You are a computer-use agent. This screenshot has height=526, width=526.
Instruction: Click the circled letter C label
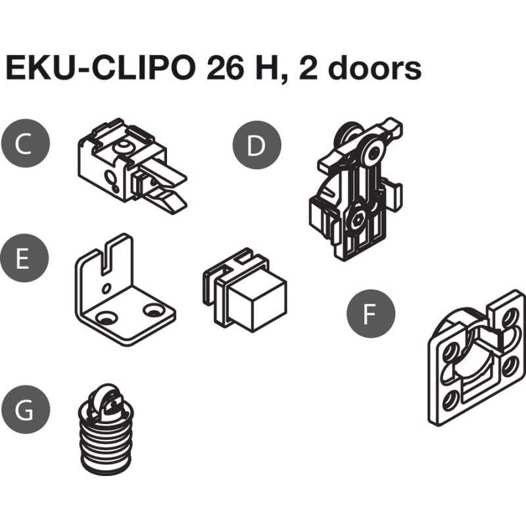coord(25,143)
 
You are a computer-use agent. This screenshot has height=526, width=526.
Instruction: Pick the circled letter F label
coord(371,314)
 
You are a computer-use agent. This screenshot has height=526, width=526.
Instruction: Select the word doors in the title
coord(374,68)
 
